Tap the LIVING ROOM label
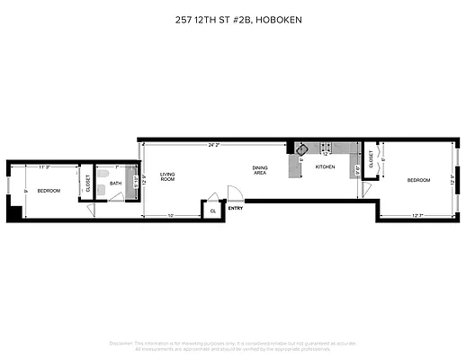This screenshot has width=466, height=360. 167,177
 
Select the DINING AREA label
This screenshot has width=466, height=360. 259,170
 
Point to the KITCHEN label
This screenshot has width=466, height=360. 325,167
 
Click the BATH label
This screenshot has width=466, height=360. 115,184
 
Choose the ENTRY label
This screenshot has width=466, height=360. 236,208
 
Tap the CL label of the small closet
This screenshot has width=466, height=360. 213,210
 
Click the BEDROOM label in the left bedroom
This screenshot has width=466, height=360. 49,190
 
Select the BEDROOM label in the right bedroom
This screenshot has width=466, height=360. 419,180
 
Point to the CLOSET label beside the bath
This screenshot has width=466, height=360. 88,184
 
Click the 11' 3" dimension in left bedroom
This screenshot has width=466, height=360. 45,166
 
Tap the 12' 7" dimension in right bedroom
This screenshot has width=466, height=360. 417,214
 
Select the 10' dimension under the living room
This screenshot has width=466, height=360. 171,214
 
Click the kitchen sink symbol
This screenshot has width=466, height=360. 301,149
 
